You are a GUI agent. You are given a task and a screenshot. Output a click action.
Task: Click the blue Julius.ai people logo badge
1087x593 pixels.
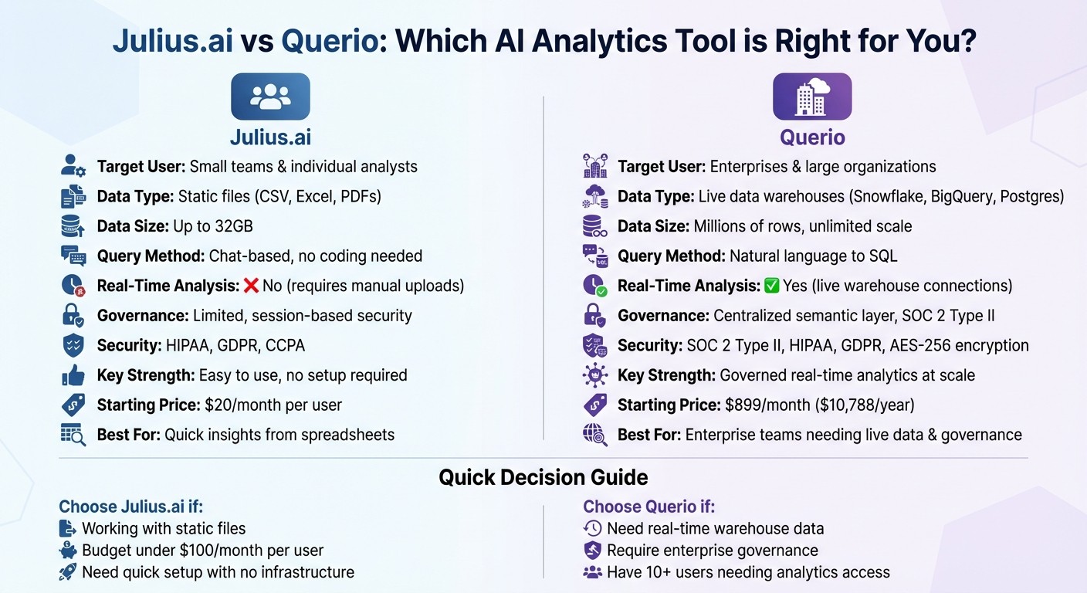point(270,97)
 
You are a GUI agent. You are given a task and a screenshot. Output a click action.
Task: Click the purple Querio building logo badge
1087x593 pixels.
point(811,97)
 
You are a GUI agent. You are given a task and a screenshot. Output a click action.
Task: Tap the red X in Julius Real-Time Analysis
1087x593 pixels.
point(251,286)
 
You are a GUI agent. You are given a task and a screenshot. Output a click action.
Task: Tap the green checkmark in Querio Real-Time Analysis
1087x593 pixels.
point(771,286)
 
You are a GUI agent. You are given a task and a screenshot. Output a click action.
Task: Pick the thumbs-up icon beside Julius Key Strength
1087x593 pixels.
point(73,375)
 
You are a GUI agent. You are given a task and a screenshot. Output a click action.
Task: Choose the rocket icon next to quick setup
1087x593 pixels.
point(68,572)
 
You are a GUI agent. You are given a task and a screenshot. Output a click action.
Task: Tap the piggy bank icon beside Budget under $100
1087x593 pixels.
point(68,551)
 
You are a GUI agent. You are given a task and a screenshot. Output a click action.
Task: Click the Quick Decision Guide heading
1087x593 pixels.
point(543,477)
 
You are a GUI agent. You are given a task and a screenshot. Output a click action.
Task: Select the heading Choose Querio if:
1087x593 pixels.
point(648,507)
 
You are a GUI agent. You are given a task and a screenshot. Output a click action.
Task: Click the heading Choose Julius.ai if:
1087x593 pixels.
point(130,507)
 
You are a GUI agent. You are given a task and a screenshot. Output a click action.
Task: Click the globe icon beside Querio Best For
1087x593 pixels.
point(594,434)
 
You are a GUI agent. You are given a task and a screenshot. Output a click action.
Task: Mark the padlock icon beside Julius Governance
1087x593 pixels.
point(73,315)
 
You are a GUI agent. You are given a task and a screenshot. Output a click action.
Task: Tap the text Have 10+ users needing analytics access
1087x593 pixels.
point(747,572)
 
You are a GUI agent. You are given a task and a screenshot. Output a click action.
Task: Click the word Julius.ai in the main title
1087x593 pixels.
point(172,40)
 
